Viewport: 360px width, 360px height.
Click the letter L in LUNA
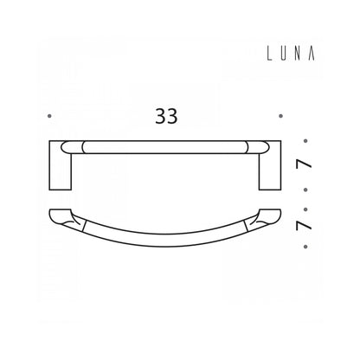269,54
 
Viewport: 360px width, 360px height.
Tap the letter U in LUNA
284,54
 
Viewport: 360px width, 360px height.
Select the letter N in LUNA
298,54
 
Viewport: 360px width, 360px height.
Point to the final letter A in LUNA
312,54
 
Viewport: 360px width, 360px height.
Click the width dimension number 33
166,116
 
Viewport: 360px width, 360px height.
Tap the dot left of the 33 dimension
49,116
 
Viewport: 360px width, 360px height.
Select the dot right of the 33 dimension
280,116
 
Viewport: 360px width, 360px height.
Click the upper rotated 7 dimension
304,164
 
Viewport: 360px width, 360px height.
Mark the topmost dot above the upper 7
305,141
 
